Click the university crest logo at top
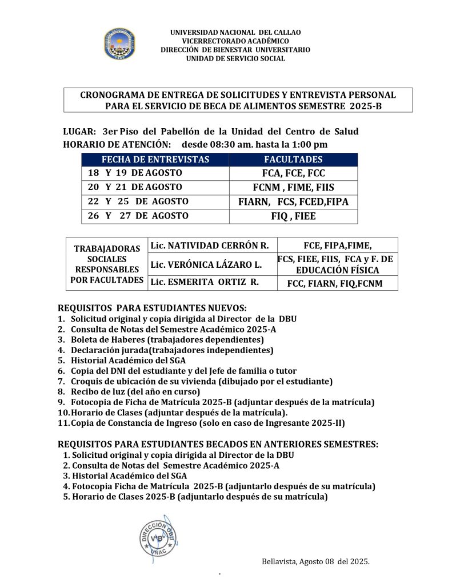[x=119, y=45]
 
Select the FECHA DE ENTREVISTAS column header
[x=155, y=160]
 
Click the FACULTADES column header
[x=293, y=160]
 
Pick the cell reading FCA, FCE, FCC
[x=293, y=173]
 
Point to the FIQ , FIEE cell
[x=293, y=216]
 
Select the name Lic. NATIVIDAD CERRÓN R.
[x=209, y=246]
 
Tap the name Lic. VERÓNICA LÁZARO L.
[x=206, y=265]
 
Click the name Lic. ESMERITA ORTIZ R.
[x=205, y=282]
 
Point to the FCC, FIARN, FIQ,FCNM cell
[x=335, y=283]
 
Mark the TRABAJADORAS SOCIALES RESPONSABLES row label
[x=107, y=264]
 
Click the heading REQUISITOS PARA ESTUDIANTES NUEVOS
[x=153, y=308]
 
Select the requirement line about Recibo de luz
[x=135, y=391]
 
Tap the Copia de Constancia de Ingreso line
[x=207, y=423]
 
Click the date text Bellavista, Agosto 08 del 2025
[x=315, y=561]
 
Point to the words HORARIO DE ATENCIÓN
[x=117, y=144]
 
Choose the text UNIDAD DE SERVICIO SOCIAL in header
[x=235, y=58]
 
